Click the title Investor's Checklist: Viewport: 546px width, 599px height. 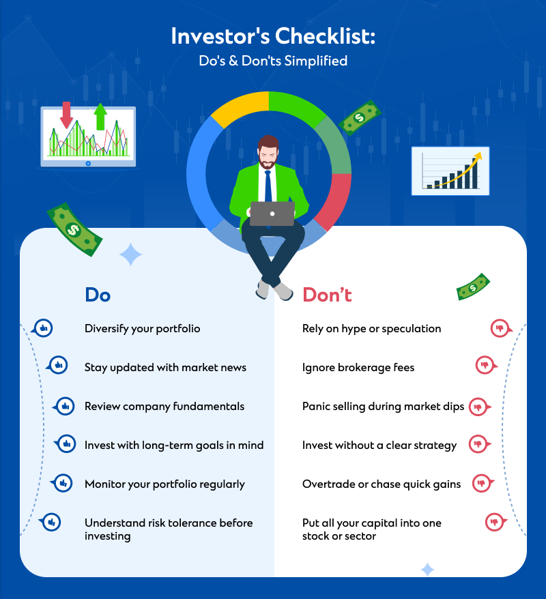pyautogui.click(x=273, y=36)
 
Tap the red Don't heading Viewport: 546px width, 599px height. pyautogui.click(x=327, y=295)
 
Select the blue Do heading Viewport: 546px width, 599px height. pyautogui.click(x=98, y=295)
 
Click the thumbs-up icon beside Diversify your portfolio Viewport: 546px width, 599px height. pyautogui.click(x=42, y=328)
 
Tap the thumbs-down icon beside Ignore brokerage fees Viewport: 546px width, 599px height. pyautogui.click(x=486, y=365)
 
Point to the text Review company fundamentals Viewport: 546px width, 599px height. pyautogui.click(x=164, y=406)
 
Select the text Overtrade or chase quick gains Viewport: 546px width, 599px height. pyautogui.click(x=382, y=484)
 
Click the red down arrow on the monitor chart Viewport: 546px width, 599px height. pyautogui.click(x=66, y=115)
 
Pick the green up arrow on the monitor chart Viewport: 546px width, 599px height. pyautogui.click(x=100, y=116)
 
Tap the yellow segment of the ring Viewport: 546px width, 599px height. pyautogui.click(x=239, y=107)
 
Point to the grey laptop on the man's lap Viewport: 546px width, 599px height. pyautogui.click(x=272, y=213)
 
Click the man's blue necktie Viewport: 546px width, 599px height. pyautogui.click(x=268, y=186)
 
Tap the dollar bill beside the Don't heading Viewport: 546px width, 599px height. pyautogui.click(x=473, y=287)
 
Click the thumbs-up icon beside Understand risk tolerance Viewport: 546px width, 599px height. pyautogui.click(x=51, y=522)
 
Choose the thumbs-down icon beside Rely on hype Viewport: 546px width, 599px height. pyautogui.click(x=501, y=328)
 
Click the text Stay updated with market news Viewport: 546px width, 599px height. pyautogui.click(x=165, y=368)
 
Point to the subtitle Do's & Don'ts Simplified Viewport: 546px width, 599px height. pyautogui.click(x=273, y=61)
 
